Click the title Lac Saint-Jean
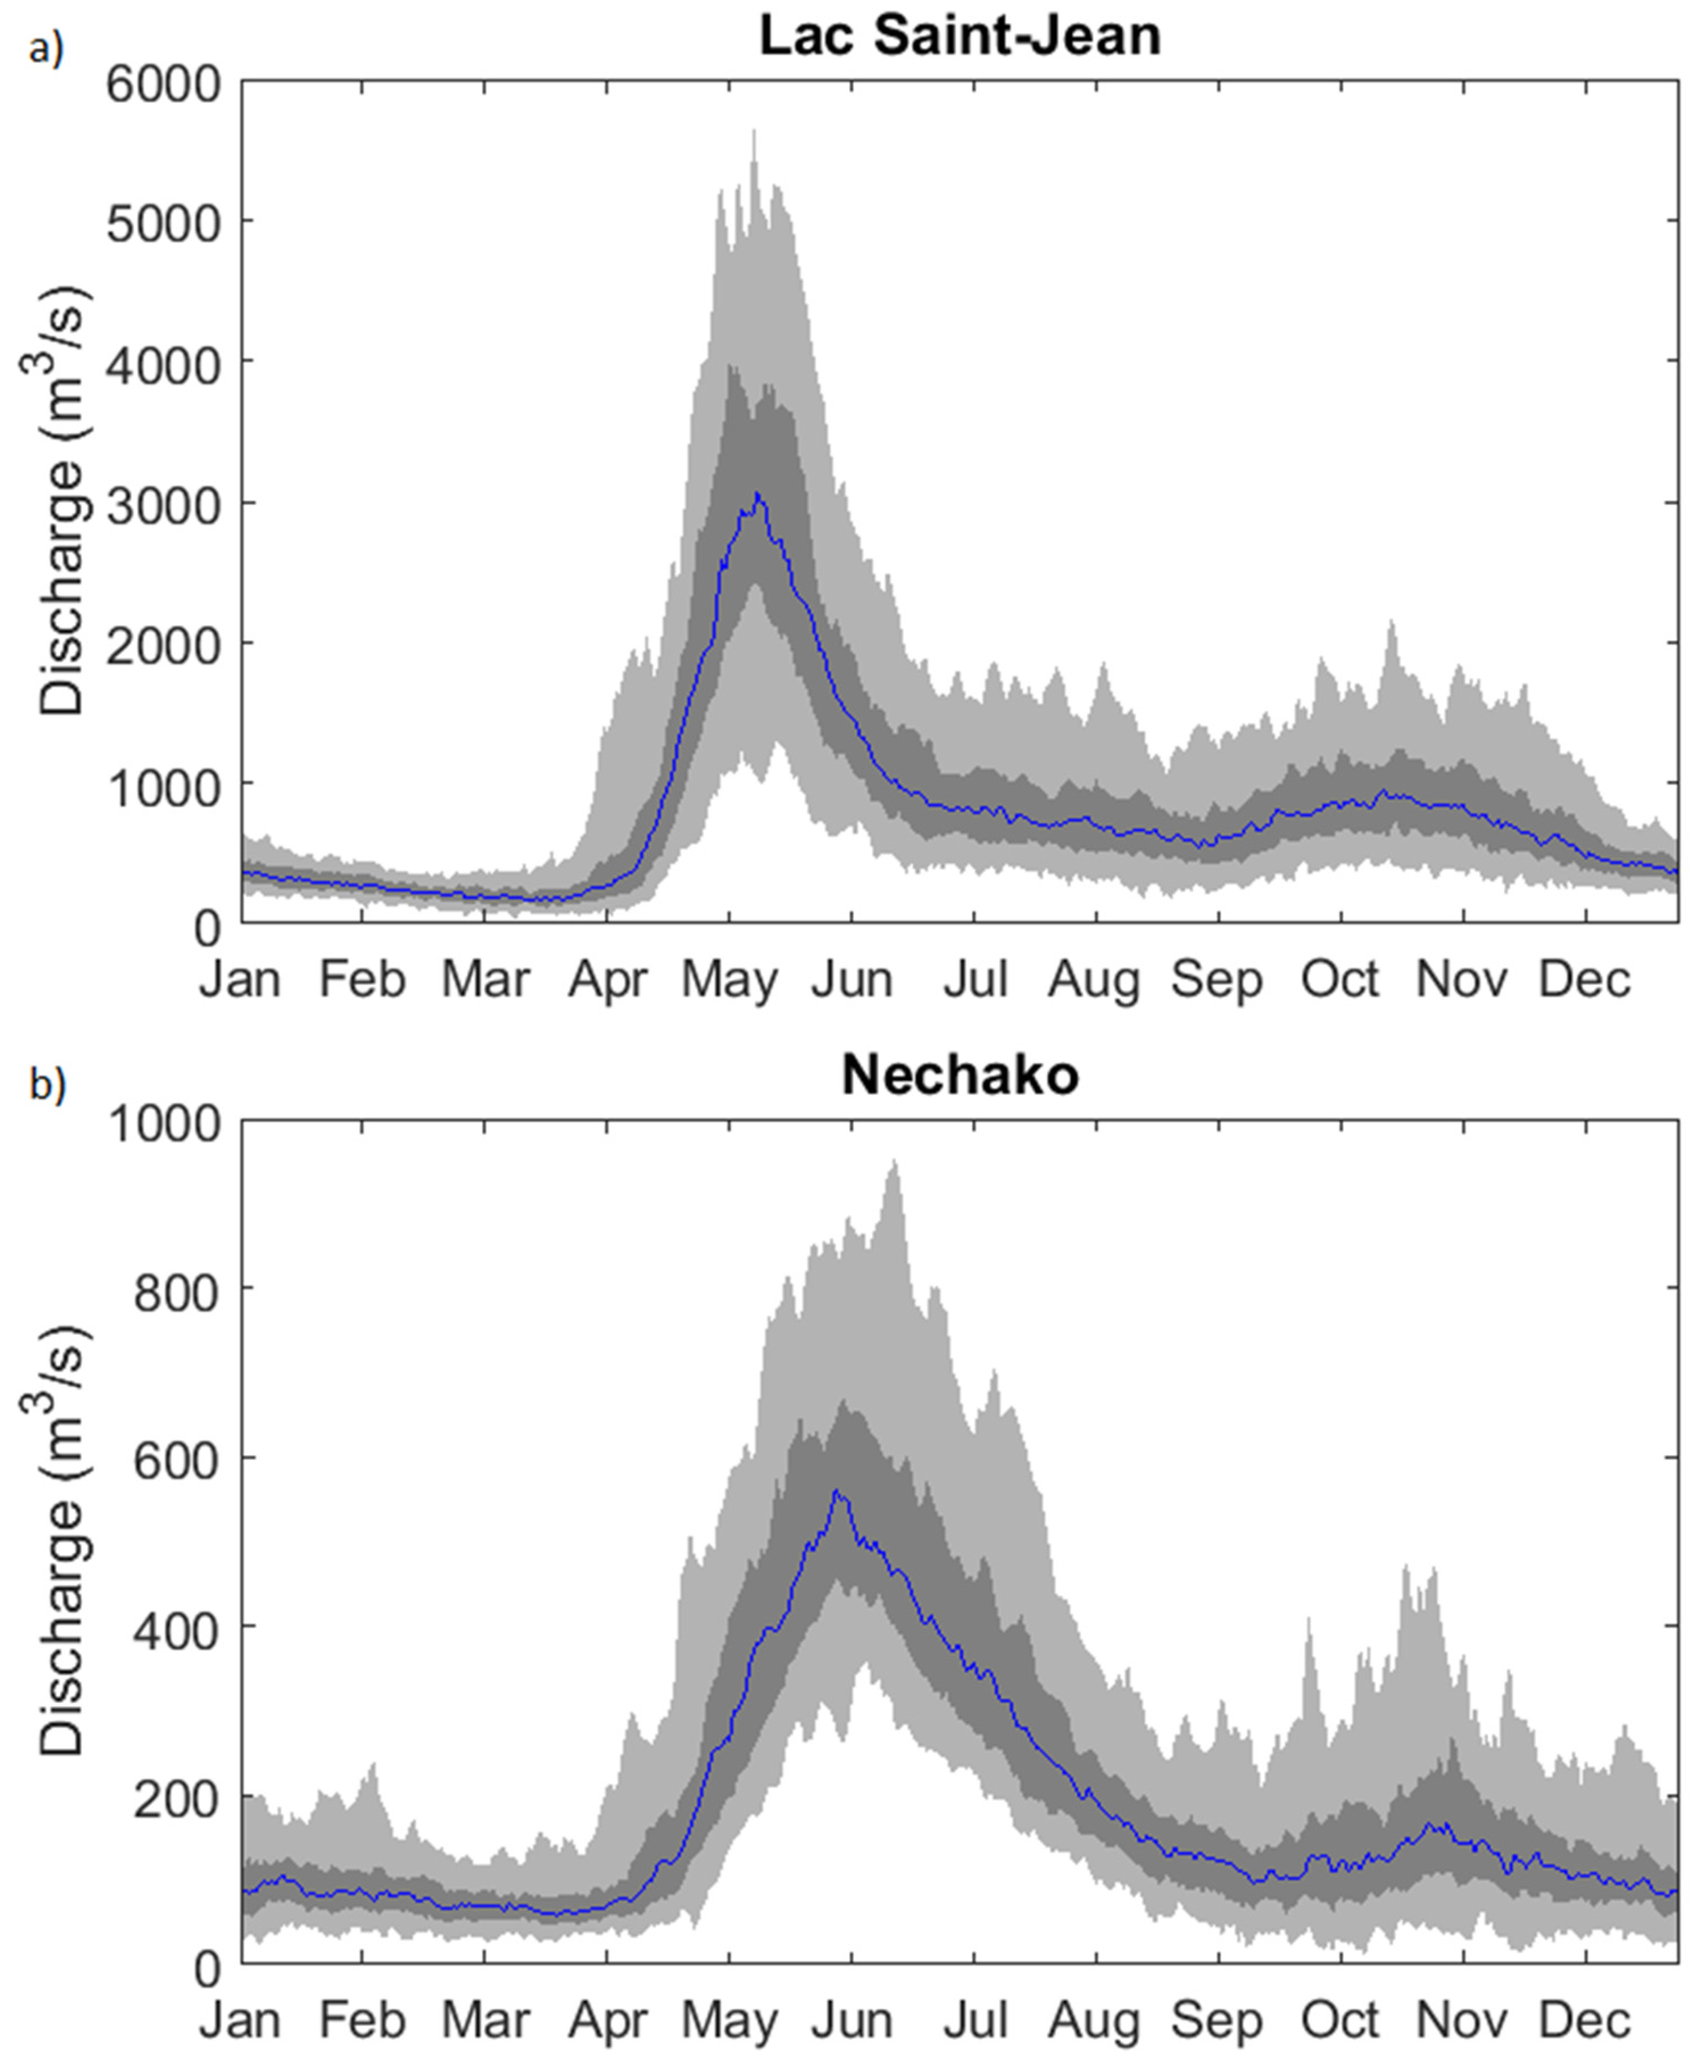click(960, 36)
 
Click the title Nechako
click(960, 1075)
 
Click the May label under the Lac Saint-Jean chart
click(729, 978)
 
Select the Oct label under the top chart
click(1340, 978)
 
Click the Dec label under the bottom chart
click(1584, 2020)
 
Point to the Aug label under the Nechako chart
click(1095, 2020)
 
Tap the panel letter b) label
click(46, 1085)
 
